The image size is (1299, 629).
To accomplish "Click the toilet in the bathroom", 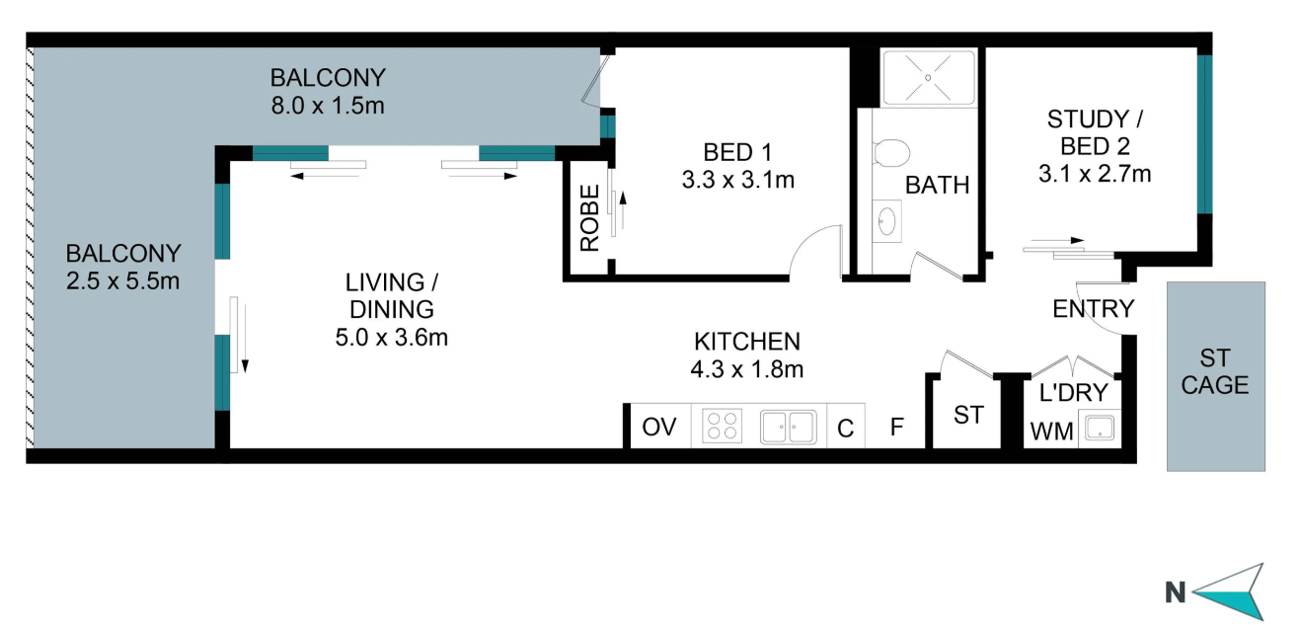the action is point(890,153).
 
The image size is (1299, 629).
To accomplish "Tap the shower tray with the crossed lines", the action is point(928,77).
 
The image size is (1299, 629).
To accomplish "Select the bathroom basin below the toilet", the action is point(887,221).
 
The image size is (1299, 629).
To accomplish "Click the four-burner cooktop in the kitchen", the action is point(722,427).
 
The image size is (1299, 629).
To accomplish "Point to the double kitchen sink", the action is point(788,428).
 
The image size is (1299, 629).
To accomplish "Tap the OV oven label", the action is point(659,428).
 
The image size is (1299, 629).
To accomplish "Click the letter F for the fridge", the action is point(897,428).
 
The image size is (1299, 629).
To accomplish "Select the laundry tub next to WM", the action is point(1100,429).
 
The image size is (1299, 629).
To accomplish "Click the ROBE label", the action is point(589,218).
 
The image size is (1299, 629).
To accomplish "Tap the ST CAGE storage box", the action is point(1215,376).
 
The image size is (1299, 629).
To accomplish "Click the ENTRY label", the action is point(1093,309).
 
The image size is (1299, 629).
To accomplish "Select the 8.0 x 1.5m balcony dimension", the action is point(328,106).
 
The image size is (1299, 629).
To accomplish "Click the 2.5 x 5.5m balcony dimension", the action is point(123,281).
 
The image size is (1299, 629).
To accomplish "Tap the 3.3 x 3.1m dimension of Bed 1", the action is point(737,181).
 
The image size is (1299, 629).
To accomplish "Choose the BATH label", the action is point(937,186).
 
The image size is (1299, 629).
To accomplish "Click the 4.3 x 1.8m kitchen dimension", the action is point(747,369).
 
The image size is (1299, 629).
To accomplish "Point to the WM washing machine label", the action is point(1051,432).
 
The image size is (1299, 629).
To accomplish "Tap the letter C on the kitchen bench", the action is point(846,429).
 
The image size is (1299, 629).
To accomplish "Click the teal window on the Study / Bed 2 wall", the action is point(1204,134).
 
